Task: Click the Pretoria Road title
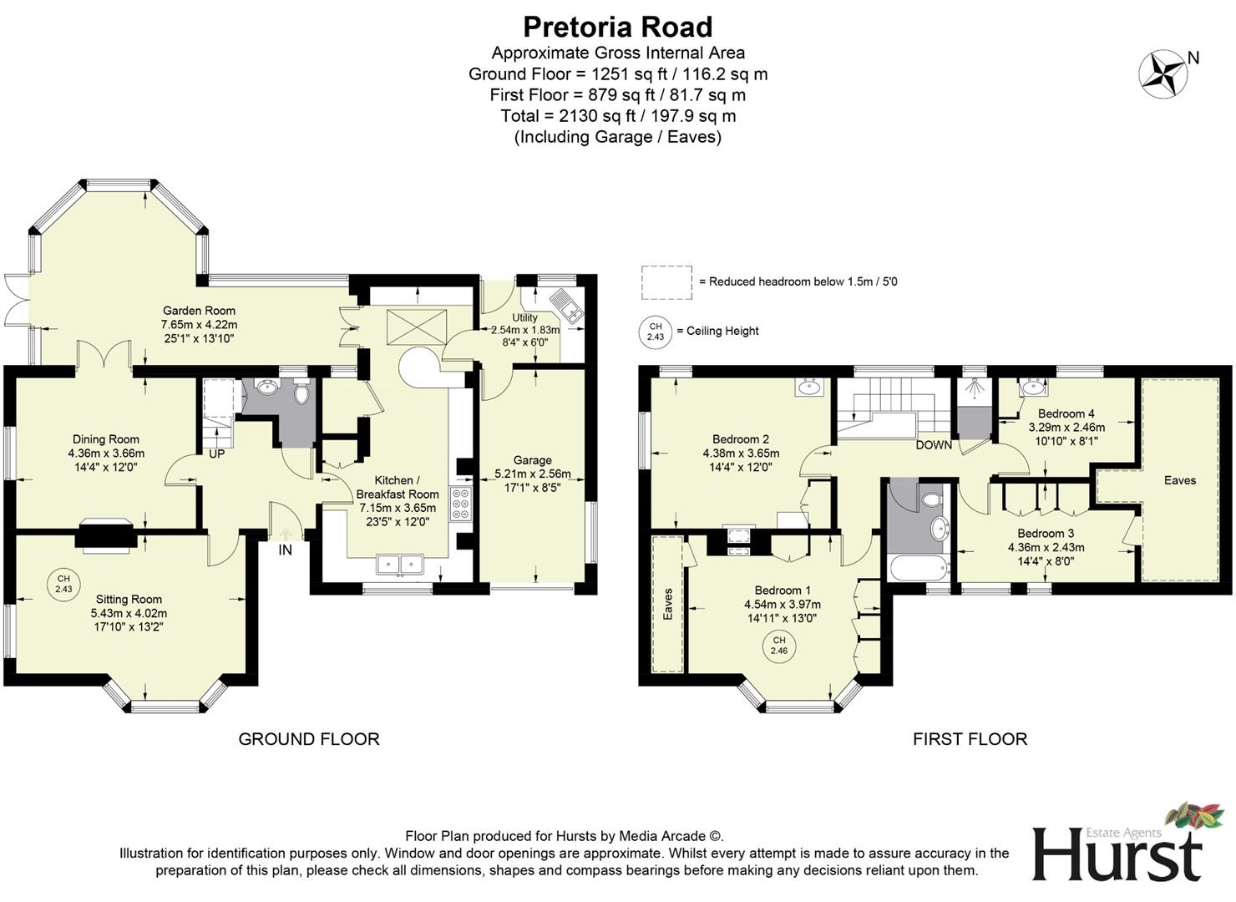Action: point(617,27)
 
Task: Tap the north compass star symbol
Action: point(1163,73)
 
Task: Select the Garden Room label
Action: point(199,311)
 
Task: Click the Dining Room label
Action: point(106,439)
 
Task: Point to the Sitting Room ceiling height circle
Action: point(63,583)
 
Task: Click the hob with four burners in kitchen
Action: point(461,504)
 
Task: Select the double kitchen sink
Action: point(400,565)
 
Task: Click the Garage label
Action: point(532,460)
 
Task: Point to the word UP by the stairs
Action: point(216,454)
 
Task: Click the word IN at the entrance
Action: point(286,550)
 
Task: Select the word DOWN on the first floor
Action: point(933,445)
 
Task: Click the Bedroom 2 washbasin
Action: point(808,387)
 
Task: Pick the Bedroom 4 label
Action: point(1066,413)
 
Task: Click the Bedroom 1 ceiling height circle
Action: point(778,645)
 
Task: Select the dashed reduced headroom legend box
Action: point(666,282)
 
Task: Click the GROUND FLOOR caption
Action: point(309,739)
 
